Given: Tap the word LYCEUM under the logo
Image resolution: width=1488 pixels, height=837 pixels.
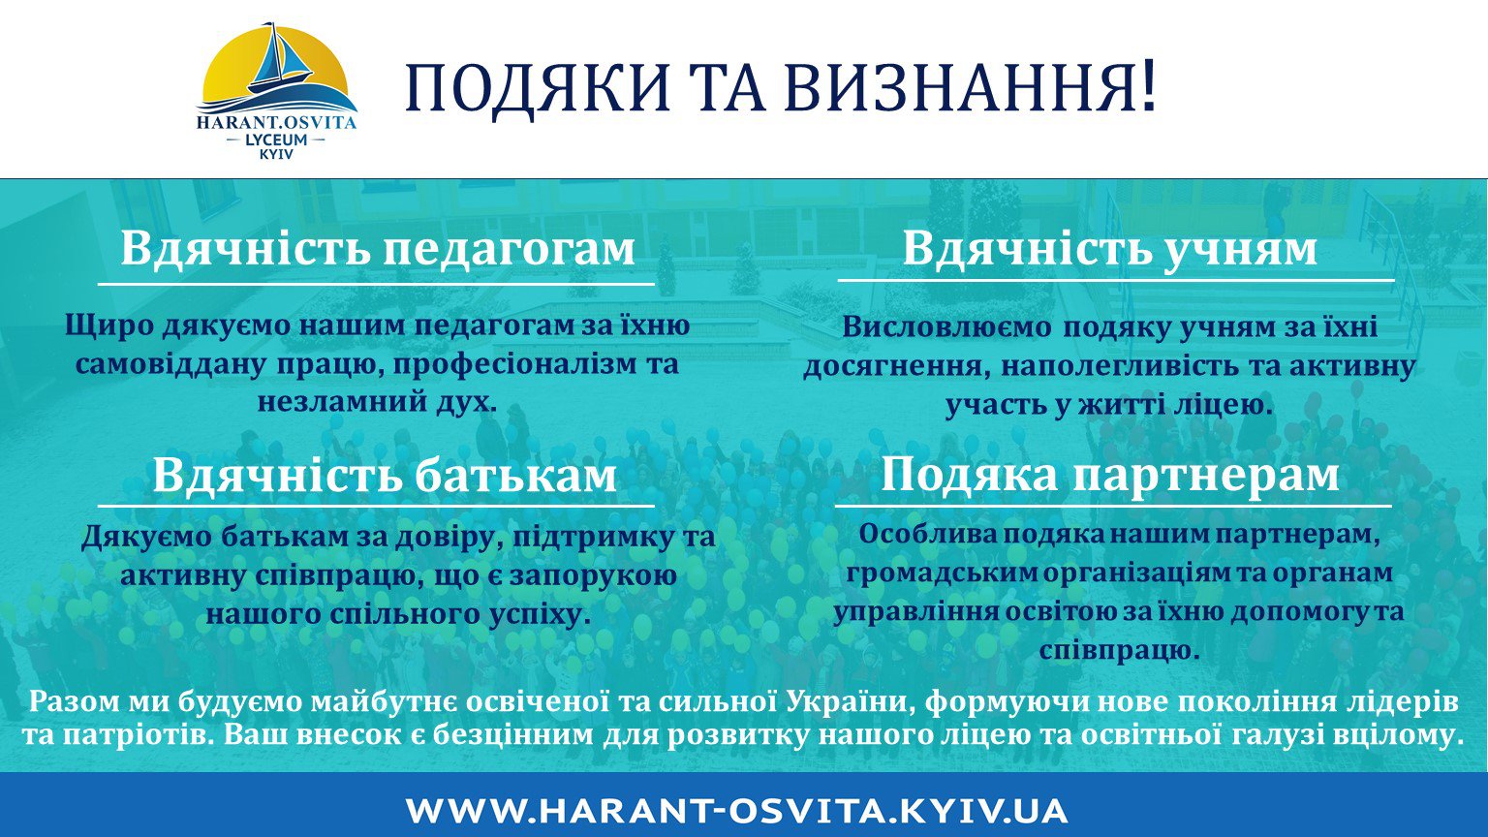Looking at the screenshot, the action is tap(276, 139).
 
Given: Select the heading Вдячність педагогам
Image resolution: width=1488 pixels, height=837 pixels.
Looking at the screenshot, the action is tap(378, 248).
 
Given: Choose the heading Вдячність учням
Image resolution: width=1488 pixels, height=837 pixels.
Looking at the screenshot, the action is tap(1109, 248).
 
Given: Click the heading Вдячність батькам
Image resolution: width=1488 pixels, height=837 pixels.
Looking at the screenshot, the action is tap(385, 475).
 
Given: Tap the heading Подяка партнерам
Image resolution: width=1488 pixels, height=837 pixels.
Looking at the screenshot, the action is tap(1109, 475).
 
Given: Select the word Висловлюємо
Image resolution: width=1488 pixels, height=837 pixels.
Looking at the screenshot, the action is tap(947, 327).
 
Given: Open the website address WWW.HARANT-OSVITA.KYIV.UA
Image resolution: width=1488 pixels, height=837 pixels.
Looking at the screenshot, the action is tap(736, 811).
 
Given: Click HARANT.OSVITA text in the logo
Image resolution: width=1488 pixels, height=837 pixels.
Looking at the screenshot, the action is tap(276, 122).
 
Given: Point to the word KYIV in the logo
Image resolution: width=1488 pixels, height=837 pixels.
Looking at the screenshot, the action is tap(276, 154).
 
